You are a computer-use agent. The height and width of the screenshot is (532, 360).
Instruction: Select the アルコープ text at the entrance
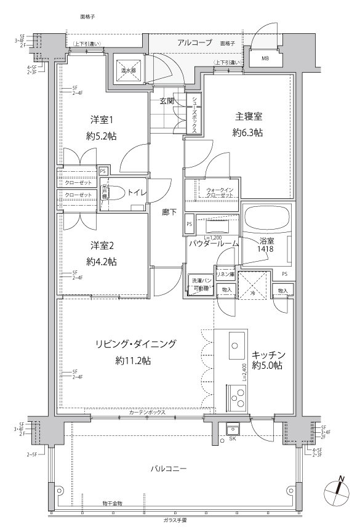(194, 42)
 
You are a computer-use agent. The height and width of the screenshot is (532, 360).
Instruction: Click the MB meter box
(265, 58)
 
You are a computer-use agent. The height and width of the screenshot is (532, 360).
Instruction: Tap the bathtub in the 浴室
(267, 219)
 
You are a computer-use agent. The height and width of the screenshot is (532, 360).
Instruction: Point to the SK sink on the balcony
(233, 429)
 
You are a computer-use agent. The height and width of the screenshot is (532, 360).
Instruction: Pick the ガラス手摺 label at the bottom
(179, 520)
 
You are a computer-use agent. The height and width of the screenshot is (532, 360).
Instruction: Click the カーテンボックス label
(148, 413)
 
